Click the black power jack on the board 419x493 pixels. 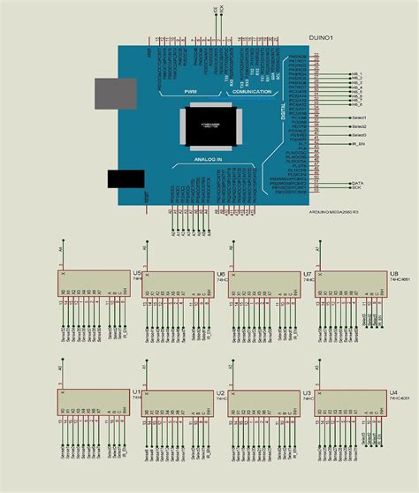tap(126, 178)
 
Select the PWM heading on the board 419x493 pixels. tap(191, 91)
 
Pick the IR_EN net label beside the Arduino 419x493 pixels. tap(358, 144)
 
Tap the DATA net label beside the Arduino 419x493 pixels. tap(357, 181)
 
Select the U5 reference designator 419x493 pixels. tap(137, 274)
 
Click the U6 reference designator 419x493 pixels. tap(220, 274)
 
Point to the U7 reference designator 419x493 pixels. tap(307, 274)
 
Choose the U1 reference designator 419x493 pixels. tap(137, 391)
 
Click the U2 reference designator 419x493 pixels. tap(220, 391)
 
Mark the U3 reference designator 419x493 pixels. tap(307, 391)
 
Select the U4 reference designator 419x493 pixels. tap(392, 391)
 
